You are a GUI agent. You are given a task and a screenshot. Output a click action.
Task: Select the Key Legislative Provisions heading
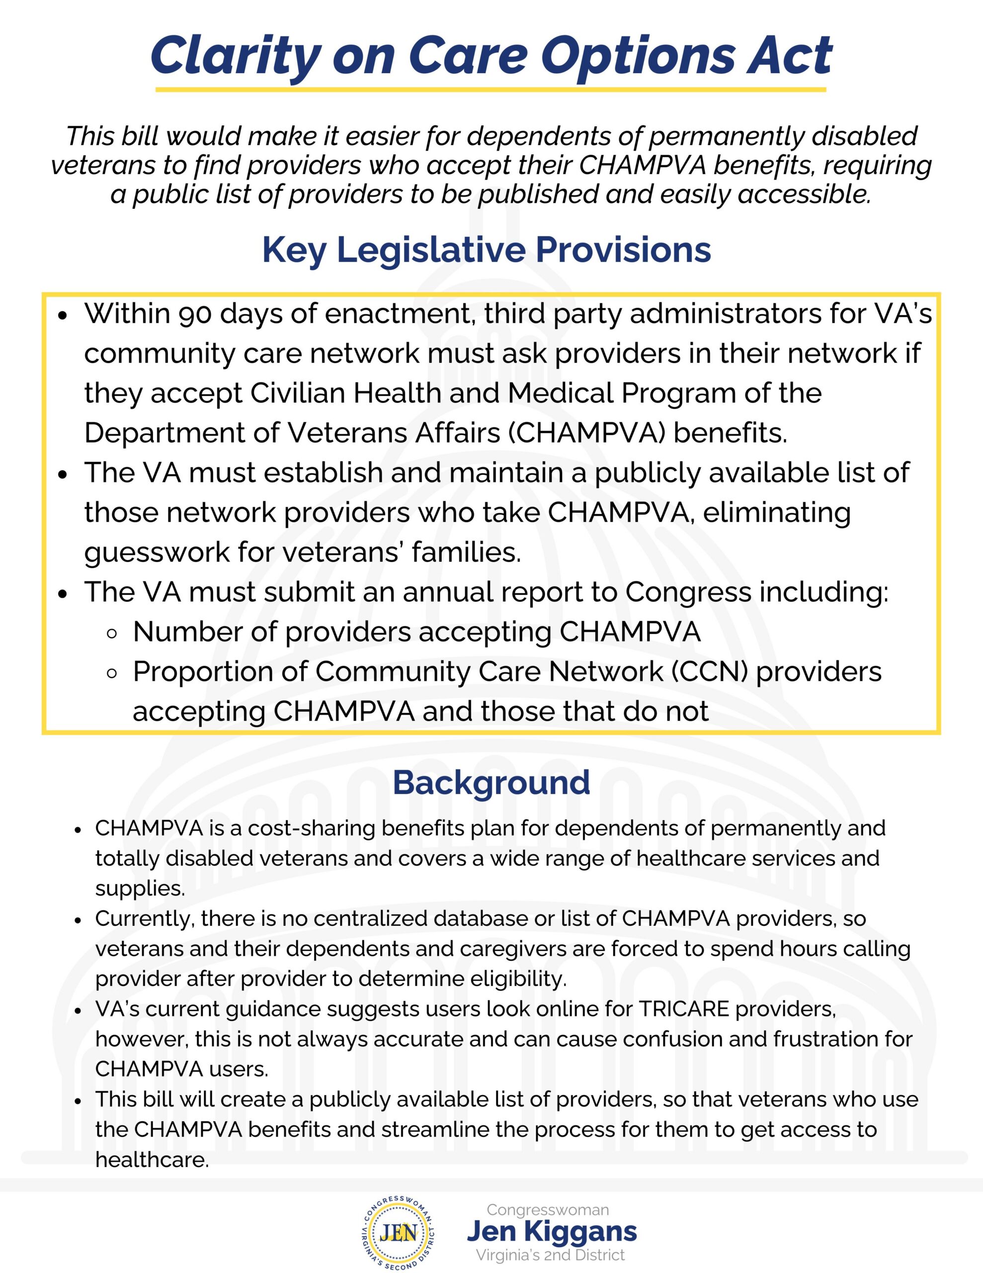[487, 250]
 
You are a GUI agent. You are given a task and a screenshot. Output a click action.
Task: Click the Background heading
[491, 782]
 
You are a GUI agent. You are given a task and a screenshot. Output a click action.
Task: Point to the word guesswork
[157, 552]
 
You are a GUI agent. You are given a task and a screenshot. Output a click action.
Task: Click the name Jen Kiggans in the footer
[552, 1231]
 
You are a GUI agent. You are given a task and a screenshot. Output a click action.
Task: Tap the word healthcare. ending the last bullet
[152, 1160]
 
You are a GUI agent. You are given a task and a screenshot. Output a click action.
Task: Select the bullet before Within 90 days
[64, 315]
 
